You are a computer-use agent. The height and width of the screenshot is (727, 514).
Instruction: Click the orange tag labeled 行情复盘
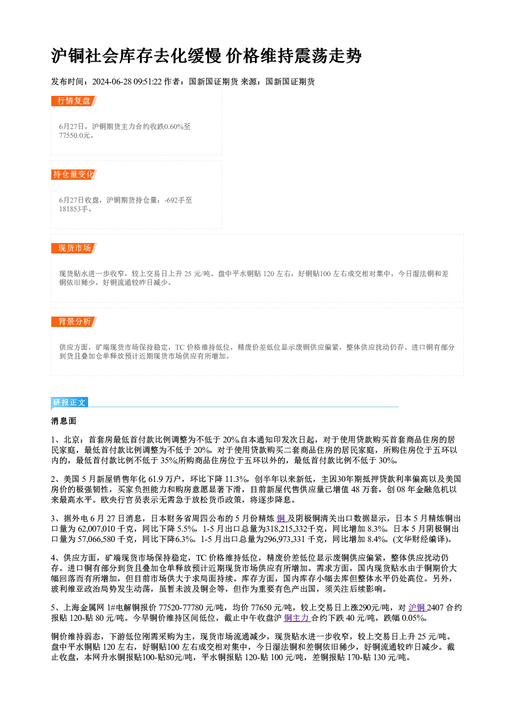coord(74,101)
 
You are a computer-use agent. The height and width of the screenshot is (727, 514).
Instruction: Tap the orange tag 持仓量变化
coord(74,175)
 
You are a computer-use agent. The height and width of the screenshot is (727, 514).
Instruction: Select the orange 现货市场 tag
coord(74,248)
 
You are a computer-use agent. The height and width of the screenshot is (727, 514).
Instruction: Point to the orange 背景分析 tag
coord(74,322)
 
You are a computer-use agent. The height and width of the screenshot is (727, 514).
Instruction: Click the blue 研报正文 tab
coord(69,403)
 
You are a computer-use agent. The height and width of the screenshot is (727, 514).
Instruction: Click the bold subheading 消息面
coord(64,421)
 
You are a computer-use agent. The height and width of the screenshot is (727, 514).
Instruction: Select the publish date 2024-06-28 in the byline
coord(112,82)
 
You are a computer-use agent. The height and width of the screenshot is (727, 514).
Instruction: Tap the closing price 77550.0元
coord(74,136)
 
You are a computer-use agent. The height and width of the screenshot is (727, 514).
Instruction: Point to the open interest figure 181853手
coord(74,209)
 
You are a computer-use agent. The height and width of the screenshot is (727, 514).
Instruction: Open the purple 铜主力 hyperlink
coord(297,618)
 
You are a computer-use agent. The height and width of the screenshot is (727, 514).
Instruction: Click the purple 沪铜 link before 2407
coord(417,608)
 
